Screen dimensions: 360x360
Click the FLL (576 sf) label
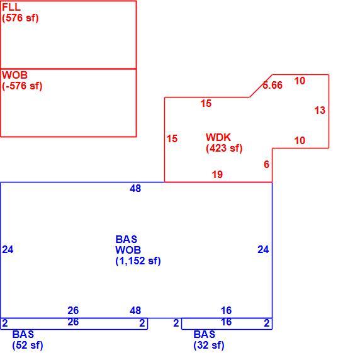pyautogui.click(x=20, y=13)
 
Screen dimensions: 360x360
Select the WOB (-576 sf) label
pyautogui.click(x=22, y=81)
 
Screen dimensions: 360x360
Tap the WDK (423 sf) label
pyautogui.click(x=224, y=143)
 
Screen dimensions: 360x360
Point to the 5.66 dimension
pyautogui.click(x=273, y=85)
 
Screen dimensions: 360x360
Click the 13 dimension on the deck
pyautogui.click(x=320, y=110)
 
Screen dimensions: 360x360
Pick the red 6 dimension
pyautogui.click(x=266, y=164)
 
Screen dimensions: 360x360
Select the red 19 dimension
pyautogui.click(x=217, y=174)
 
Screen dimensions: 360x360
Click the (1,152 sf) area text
pyautogui.click(x=138, y=261)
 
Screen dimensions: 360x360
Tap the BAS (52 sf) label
pyautogui.click(x=28, y=340)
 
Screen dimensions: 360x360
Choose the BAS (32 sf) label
pyautogui.click(x=209, y=340)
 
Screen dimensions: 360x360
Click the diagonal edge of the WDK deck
pyautogui.click(x=261, y=86)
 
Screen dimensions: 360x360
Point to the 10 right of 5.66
pyautogui.click(x=300, y=81)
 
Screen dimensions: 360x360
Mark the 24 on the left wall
pyautogui.click(x=8, y=250)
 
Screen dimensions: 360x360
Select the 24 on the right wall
pyautogui.click(x=263, y=250)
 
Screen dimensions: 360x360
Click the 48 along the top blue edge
pyautogui.click(x=135, y=188)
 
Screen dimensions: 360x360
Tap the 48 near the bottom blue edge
pyautogui.click(x=135, y=311)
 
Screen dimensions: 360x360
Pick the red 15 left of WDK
pyautogui.click(x=172, y=138)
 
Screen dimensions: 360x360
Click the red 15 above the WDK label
pyautogui.click(x=206, y=104)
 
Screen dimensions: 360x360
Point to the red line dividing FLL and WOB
pyautogui.click(x=68, y=69)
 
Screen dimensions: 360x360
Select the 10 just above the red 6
pyautogui.click(x=300, y=140)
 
